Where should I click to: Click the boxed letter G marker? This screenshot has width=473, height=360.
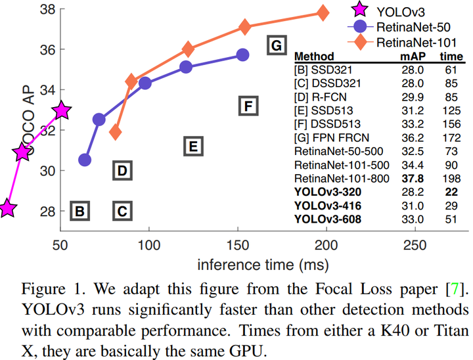[x=277, y=45]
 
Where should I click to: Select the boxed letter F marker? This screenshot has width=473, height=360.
[x=248, y=106]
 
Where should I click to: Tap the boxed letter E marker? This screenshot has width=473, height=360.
[x=192, y=146]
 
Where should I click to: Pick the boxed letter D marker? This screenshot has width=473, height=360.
[x=122, y=171]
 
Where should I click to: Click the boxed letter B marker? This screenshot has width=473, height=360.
[x=79, y=211]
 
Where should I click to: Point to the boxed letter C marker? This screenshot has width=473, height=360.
[x=122, y=211]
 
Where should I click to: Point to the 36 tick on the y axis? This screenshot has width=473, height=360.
[x=47, y=49]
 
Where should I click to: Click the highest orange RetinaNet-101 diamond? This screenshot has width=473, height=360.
[x=323, y=13]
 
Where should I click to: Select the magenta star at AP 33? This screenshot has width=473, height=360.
[x=62, y=110]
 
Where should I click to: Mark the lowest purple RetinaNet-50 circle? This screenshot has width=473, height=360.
[x=85, y=160]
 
